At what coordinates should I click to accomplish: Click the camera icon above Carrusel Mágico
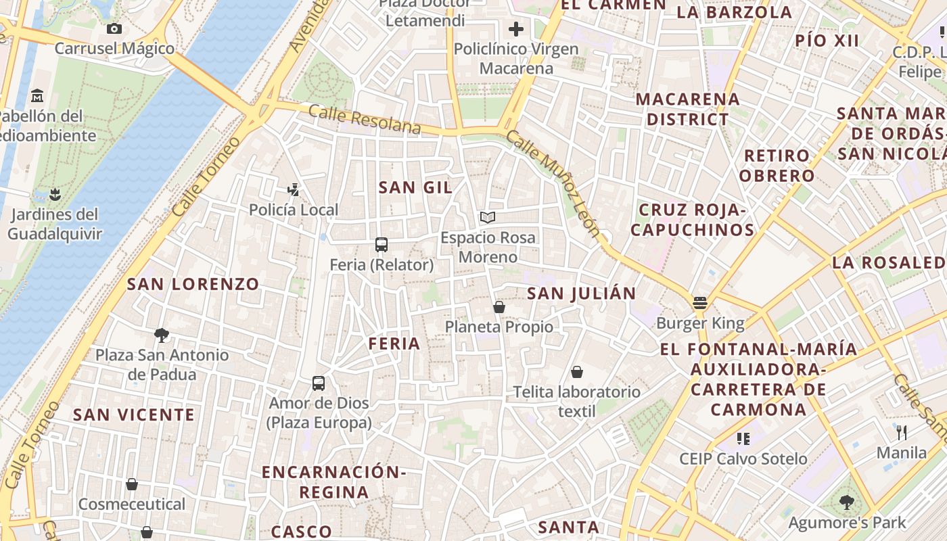(114, 28)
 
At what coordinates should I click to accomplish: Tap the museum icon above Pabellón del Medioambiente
(37, 95)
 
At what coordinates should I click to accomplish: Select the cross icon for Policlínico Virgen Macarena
(516, 29)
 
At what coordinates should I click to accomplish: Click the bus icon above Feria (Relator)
(382, 245)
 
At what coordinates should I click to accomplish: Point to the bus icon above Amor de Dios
(319, 383)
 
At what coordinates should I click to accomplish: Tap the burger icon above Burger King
(700, 302)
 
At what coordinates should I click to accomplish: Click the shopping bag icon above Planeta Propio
(499, 307)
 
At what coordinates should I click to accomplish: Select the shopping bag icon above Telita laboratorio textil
(577, 372)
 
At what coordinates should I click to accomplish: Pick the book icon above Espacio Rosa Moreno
(488, 217)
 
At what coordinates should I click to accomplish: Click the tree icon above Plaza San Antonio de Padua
(161, 335)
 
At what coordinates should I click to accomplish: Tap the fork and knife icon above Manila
(901, 432)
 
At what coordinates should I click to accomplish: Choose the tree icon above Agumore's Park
(846, 502)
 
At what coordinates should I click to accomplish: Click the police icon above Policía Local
(294, 190)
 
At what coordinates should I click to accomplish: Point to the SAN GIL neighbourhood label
(415, 187)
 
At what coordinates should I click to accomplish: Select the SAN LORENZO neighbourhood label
(193, 284)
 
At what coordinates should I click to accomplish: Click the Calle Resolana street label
(365, 119)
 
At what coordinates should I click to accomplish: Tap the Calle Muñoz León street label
(553, 184)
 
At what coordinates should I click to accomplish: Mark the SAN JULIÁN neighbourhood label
(582, 293)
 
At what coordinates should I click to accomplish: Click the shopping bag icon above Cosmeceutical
(132, 484)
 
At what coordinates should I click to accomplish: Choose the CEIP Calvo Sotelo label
(743, 459)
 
